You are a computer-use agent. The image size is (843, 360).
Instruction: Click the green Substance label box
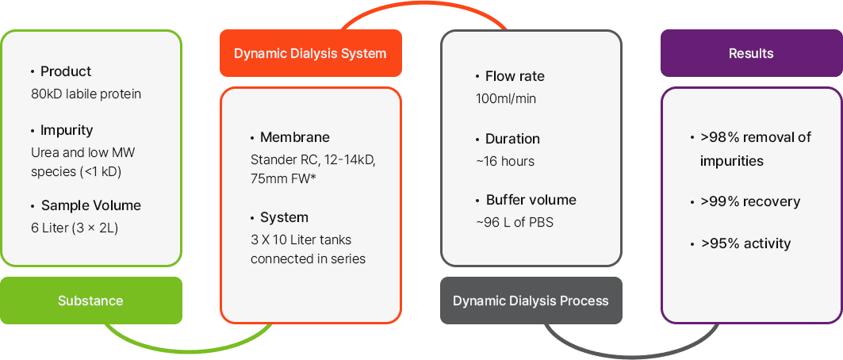[91, 301]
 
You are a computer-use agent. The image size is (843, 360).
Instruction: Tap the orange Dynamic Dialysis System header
[310, 53]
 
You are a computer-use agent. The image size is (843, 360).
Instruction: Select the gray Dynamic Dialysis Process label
[531, 301]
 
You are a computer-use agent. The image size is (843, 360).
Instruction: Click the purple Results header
[751, 53]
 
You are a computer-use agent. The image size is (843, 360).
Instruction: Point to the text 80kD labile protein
[86, 94]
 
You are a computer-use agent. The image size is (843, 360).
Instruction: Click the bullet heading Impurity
[67, 130]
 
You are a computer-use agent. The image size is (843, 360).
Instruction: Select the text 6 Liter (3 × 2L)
[75, 228]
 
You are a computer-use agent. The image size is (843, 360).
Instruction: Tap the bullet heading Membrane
[295, 137]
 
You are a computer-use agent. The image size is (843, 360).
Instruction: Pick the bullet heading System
[285, 217]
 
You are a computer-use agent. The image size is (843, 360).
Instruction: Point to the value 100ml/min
[506, 99]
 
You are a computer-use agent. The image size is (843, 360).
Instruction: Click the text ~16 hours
[505, 161]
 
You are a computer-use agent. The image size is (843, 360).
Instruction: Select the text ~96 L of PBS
[515, 222]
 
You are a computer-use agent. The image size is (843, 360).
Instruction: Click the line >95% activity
[745, 243]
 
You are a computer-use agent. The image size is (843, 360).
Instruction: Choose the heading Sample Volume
[91, 205]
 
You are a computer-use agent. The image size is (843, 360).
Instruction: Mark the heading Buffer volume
[531, 200]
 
